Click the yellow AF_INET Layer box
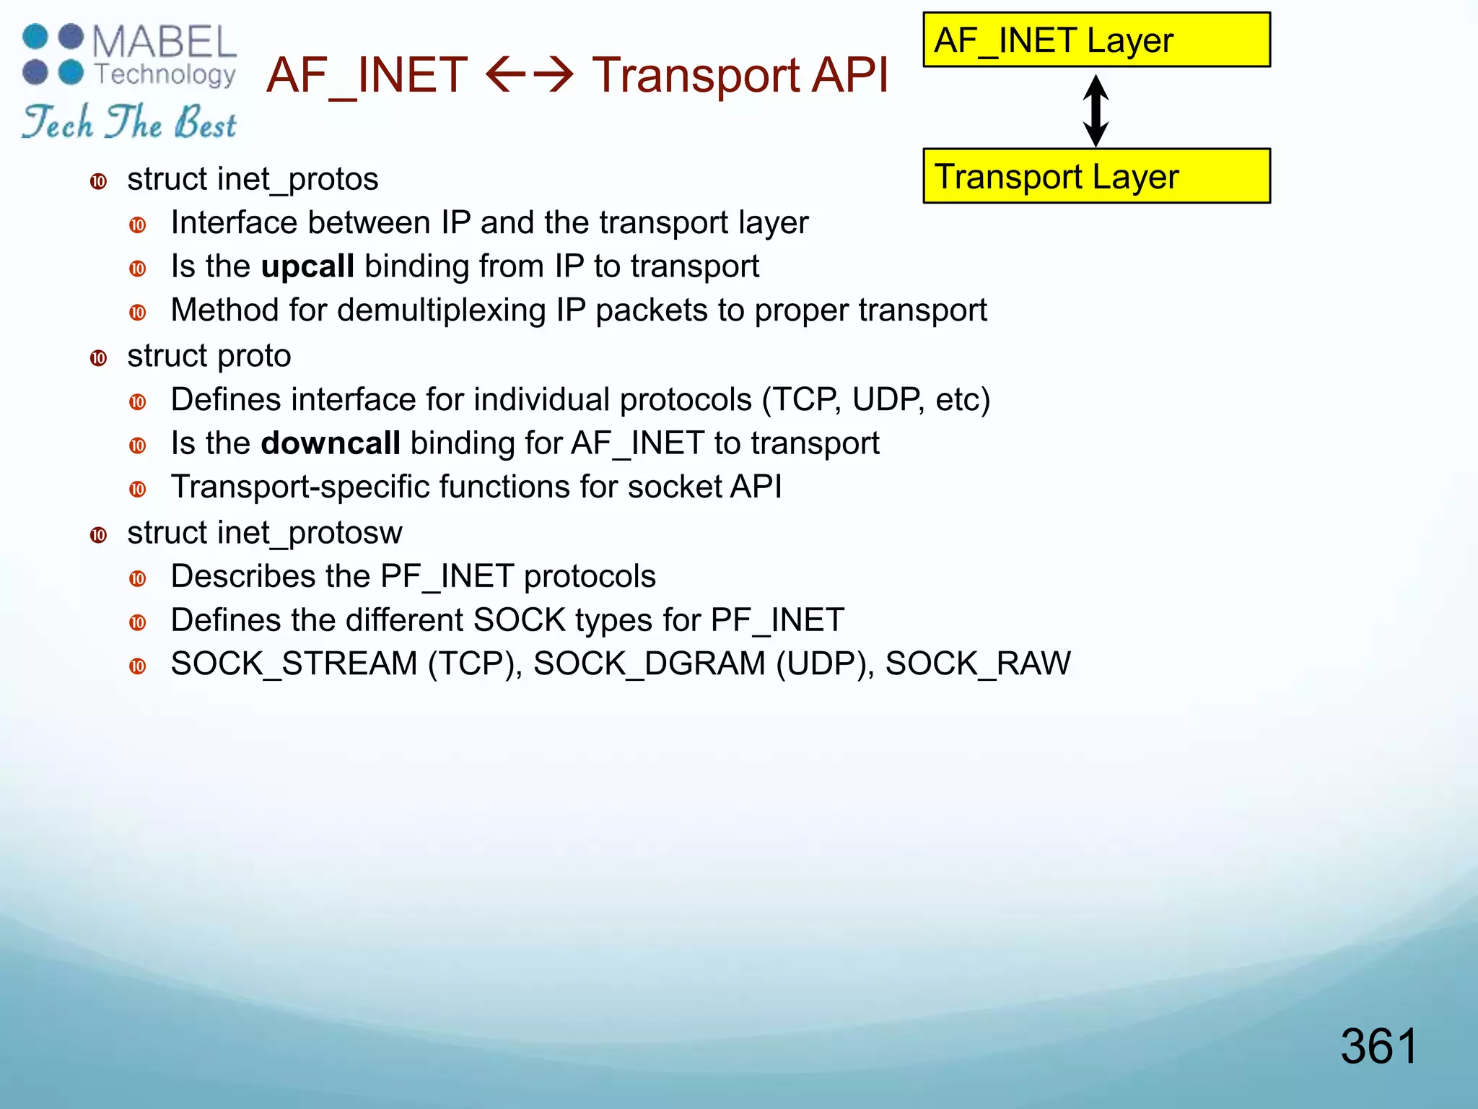click(x=1096, y=40)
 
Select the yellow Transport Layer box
click(x=1096, y=176)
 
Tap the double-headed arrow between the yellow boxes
click(x=1096, y=110)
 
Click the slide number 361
click(x=1378, y=1046)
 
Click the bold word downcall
click(x=331, y=443)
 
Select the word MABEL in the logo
click(x=165, y=43)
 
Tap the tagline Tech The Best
click(x=130, y=121)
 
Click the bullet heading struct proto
click(x=209, y=356)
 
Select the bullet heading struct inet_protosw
click(x=265, y=533)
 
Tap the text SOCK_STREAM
click(x=294, y=664)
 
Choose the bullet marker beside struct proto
click(x=99, y=358)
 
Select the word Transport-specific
click(x=301, y=487)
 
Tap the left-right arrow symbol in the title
click(x=530, y=75)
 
